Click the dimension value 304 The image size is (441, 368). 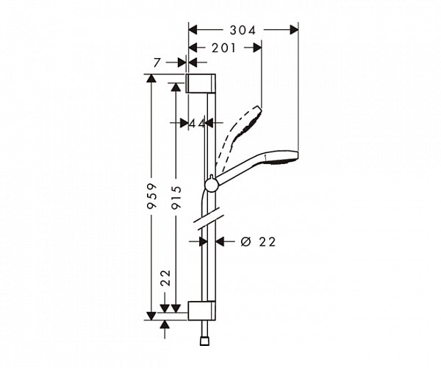(243, 30)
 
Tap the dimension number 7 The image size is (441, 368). (157, 64)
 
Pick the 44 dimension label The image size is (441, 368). (196, 124)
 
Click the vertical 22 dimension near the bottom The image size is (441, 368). (165, 277)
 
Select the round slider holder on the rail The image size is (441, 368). (211, 184)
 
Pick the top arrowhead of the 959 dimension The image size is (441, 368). (151, 78)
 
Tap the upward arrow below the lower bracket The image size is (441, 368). (165, 324)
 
